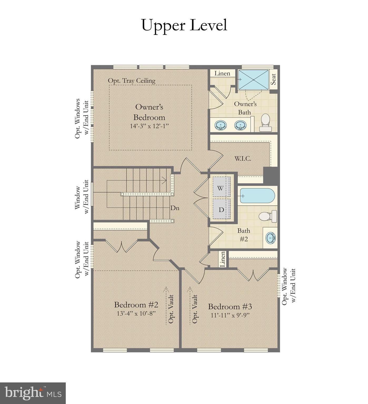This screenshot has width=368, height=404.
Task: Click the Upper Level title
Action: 184,26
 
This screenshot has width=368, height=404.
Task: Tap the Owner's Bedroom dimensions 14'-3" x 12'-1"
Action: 149,126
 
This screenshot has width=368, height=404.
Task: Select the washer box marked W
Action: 221,188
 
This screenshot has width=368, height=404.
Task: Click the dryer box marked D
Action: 221,209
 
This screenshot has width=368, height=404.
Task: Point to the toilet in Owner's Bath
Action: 265,122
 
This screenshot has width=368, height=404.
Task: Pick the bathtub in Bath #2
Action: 257,196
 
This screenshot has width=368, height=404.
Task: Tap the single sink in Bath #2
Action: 270,238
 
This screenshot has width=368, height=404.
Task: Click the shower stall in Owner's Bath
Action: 253,80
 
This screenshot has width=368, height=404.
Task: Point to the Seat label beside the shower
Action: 273,79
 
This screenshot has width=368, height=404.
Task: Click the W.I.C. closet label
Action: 242,159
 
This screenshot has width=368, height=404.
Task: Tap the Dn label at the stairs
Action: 175,208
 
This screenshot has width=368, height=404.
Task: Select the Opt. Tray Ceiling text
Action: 132,81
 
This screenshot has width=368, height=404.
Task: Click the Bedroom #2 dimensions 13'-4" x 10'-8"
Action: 136,313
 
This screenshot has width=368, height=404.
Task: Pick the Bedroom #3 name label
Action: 230,307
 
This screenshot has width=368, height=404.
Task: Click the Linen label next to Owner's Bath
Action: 222,73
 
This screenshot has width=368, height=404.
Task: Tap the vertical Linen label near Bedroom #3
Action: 222,259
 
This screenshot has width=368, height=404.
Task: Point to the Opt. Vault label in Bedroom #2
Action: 171,309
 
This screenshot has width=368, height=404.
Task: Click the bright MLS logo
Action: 33,393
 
